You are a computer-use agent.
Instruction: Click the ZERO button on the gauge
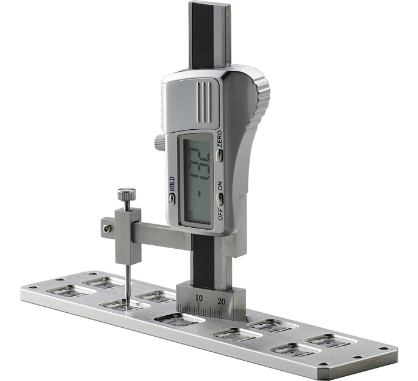point(219,155)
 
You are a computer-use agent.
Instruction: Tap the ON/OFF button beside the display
point(220,199)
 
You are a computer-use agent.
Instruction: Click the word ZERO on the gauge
point(219,139)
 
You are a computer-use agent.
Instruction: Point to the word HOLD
point(172,184)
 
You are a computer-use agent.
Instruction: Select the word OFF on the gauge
point(220,214)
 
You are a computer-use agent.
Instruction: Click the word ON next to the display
point(220,186)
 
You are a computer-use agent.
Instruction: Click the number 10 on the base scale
point(199,298)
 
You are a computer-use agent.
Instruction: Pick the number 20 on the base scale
point(222,301)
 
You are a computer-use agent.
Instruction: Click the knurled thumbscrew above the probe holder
point(127,194)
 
